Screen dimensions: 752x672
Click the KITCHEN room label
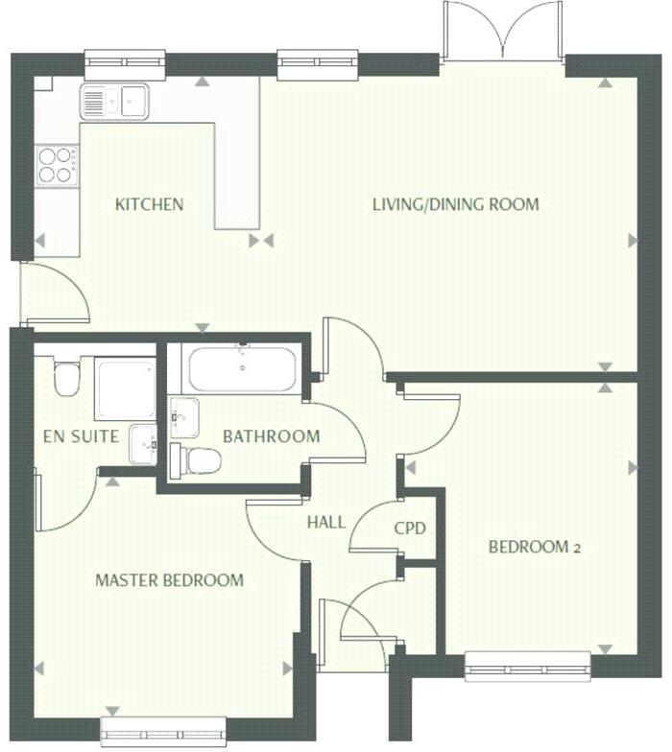coord(149,204)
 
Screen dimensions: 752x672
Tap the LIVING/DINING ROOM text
coord(455,204)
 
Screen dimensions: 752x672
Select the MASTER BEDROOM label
coord(169,580)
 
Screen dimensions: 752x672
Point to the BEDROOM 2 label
coord(535,548)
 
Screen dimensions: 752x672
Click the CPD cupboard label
coord(410,529)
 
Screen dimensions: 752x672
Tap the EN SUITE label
coord(82,436)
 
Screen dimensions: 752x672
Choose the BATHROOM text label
coord(271,436)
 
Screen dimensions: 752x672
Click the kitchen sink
coord(113,101)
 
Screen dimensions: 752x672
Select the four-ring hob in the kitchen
coord(58,165)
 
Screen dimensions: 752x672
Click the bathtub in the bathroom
coord(242,368)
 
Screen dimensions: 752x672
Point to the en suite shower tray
coord(125,388)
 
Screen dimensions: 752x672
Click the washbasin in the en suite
coord(143,443)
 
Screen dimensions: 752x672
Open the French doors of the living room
coord(503,34)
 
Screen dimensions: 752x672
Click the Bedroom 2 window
coord(527,666)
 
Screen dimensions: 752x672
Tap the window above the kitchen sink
coord(124,64)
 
